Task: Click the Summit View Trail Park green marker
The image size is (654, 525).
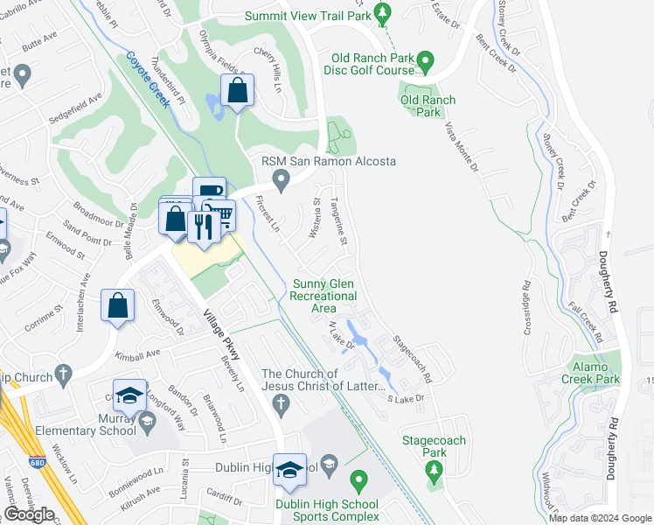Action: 382,12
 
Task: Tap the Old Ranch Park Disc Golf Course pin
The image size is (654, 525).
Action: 425,60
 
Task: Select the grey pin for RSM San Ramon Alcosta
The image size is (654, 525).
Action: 281,181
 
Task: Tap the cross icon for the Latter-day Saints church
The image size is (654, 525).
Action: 281,403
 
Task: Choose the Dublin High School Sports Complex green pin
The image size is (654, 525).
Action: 358,480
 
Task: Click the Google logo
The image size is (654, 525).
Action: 29,514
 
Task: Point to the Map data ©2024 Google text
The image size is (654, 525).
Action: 600,517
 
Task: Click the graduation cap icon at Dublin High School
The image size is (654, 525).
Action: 289,471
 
